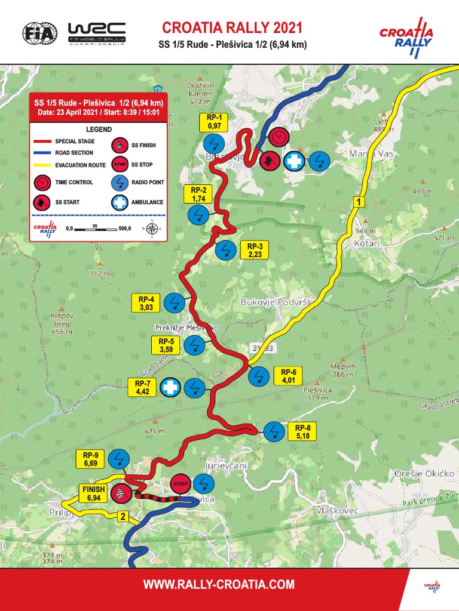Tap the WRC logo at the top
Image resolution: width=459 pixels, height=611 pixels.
(x=97, y=32)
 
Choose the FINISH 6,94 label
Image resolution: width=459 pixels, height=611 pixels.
(x=93, y=493)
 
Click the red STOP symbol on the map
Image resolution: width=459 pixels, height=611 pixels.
(x=180, y=483)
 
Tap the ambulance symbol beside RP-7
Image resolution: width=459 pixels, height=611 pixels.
(x=170, y=388)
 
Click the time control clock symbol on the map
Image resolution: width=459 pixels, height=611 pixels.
(x=277, y=137)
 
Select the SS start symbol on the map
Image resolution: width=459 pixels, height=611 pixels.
(x=270, y=161)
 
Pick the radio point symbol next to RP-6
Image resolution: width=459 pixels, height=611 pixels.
(x=259, y=376)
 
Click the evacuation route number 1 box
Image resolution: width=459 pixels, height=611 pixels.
(x=358, y=202)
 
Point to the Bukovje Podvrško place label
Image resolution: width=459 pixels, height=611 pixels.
(x=277, y=303)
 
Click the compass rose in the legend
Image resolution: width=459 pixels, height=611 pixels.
(x=152, y=228)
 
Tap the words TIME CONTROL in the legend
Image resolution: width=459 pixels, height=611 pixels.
(x=74, y=182)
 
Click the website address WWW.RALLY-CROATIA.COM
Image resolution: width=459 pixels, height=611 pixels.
(x=219, y=585)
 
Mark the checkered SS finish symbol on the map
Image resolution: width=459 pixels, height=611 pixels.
(x=121, y=493)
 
